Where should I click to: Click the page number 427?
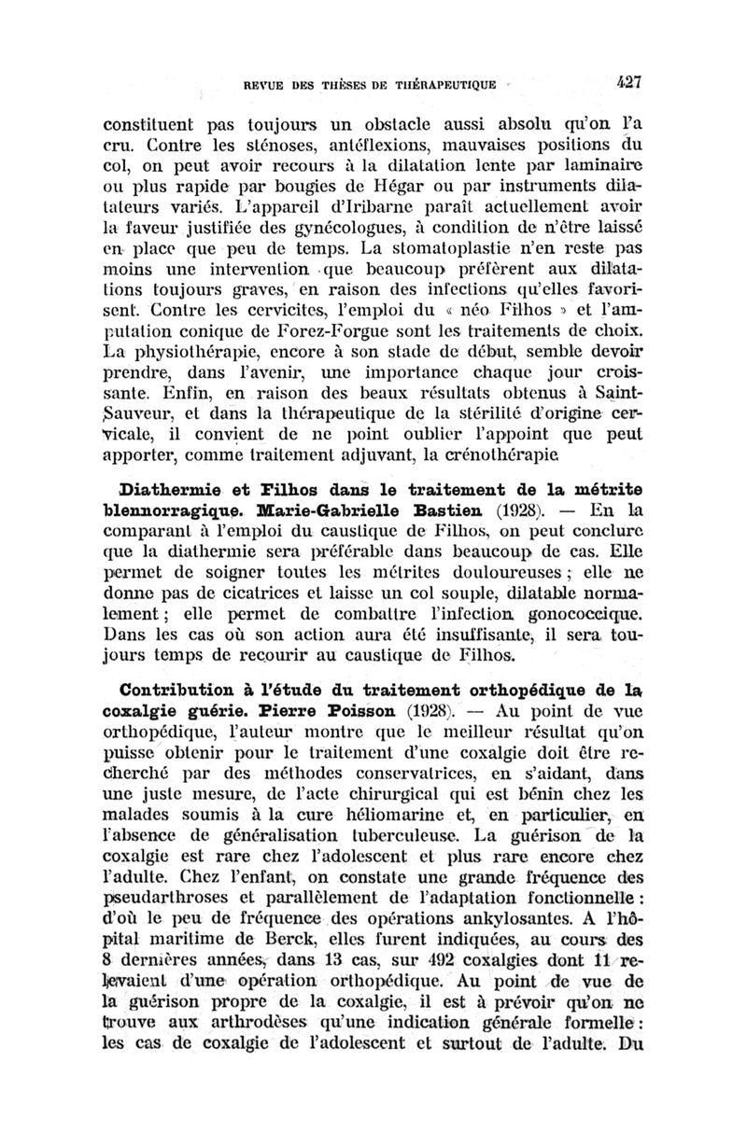634,81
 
